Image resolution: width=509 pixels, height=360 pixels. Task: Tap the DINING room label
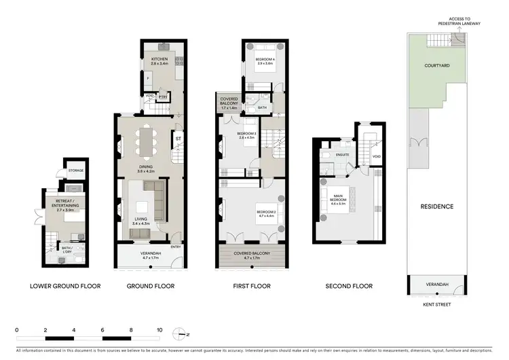pos(146,166)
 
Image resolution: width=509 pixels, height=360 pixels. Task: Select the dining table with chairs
pos(147,143)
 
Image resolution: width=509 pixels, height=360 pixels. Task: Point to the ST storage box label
pos(178,139)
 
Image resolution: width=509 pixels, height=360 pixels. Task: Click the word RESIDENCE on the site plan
pos(436,206)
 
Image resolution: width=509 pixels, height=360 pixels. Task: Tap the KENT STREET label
pos(436,304)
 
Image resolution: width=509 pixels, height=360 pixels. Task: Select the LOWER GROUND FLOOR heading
pos(66,286)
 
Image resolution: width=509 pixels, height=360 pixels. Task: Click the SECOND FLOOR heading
pos(349,286)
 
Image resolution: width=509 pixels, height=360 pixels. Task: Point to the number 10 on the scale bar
pos(159,329)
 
